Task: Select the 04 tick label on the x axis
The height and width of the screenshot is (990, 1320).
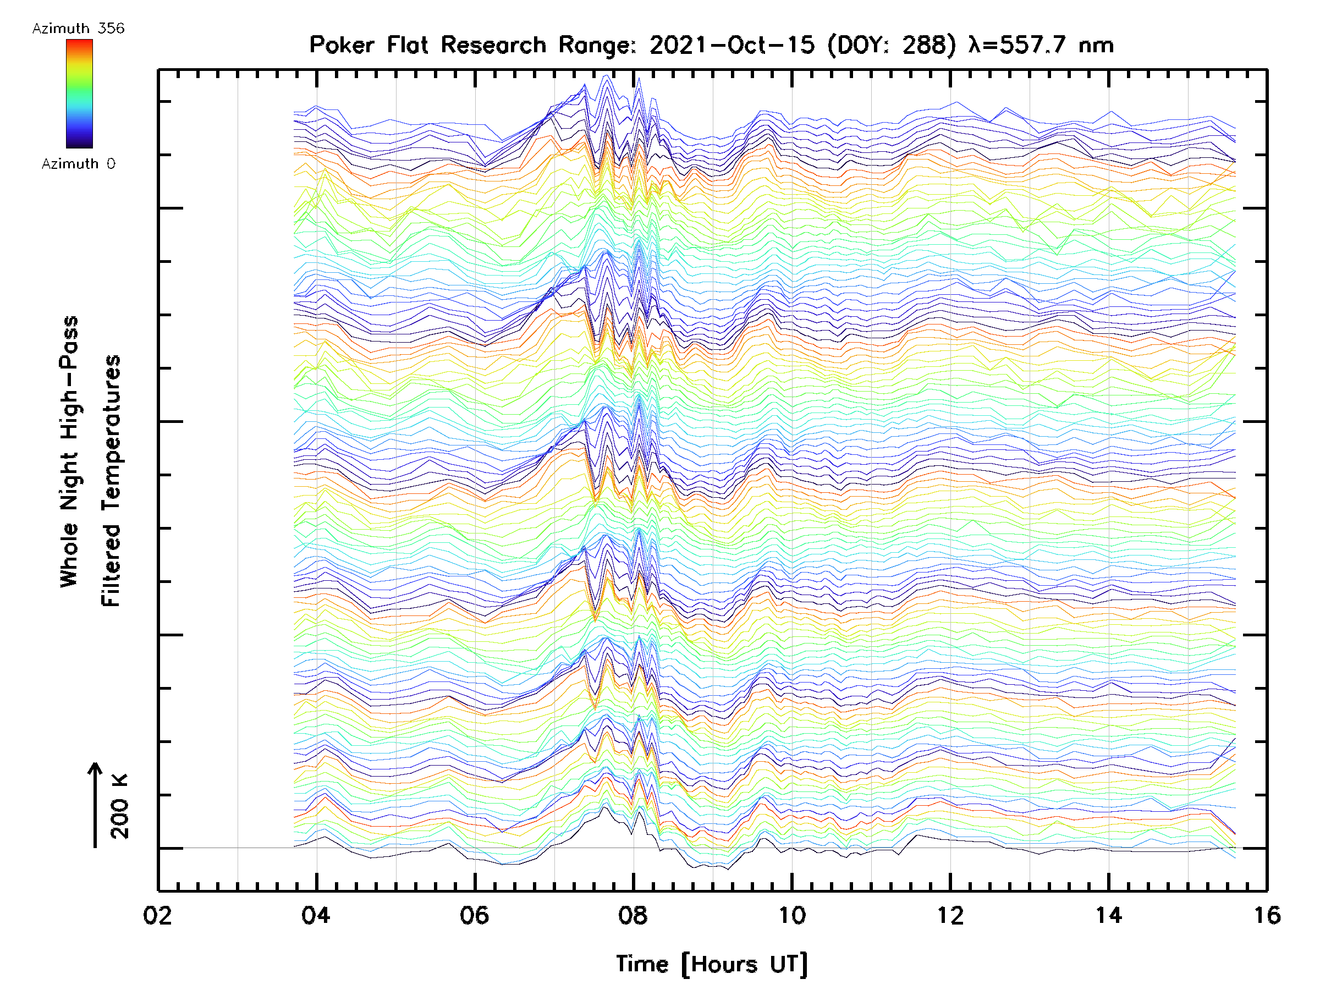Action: (x=316, y=915)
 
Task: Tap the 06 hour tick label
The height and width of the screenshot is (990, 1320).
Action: (x=475, y=915)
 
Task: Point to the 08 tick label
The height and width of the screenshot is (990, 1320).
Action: (x=633, y=915)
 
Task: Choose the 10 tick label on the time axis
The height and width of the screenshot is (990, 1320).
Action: (x=792, y=915)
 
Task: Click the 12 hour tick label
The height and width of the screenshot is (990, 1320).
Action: (x=950, y=915)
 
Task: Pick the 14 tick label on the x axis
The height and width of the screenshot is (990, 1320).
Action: (x=1109, y=915)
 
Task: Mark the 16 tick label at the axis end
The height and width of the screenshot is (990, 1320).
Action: (x=1267, y=915)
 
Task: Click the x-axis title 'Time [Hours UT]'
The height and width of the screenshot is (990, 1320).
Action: (x=712, y=964)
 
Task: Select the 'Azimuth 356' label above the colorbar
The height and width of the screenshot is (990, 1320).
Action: (x=78, y=29)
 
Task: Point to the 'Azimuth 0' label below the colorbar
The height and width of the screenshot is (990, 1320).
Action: (x=78, y=164)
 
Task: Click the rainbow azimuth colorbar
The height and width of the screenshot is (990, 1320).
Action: (x=79, y=94)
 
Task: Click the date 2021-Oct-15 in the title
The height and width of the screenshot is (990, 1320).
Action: (x=732, y=45)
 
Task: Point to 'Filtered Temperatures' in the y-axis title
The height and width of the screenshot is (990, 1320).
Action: (x=111, y=481)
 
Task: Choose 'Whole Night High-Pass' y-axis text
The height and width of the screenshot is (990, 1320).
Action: (x=69, y=452)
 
